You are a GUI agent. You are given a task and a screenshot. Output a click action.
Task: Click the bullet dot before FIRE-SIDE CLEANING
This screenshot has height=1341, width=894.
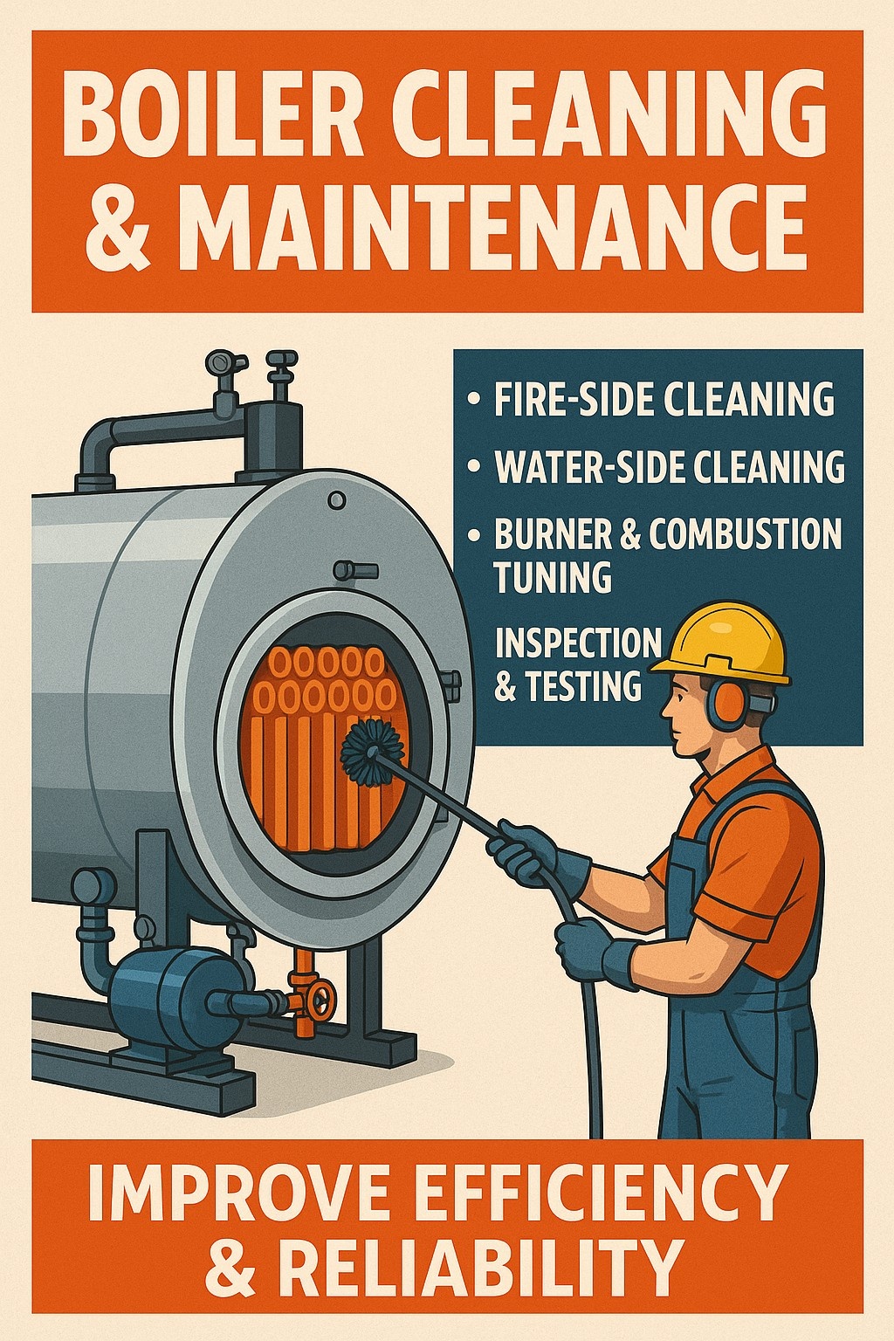coord(473,399)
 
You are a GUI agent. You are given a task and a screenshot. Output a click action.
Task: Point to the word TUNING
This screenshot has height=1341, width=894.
coord(554,576)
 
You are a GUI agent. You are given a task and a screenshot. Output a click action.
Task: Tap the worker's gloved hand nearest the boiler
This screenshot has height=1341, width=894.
coord(522,850)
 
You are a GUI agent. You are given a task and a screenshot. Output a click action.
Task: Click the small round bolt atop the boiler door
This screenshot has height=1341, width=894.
coord(337,500)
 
